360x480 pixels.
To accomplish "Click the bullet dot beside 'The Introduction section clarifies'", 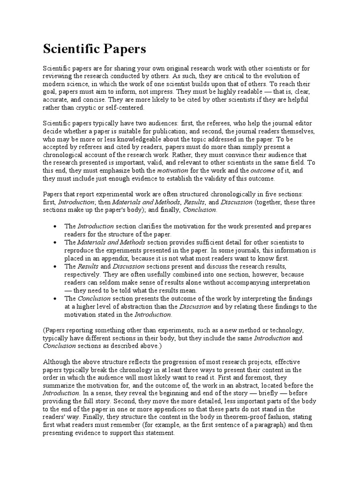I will pos(55,226).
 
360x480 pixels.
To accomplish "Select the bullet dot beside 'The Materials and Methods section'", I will pos(55,242).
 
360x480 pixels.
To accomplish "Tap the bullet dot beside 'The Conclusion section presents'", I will pos(55,299).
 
